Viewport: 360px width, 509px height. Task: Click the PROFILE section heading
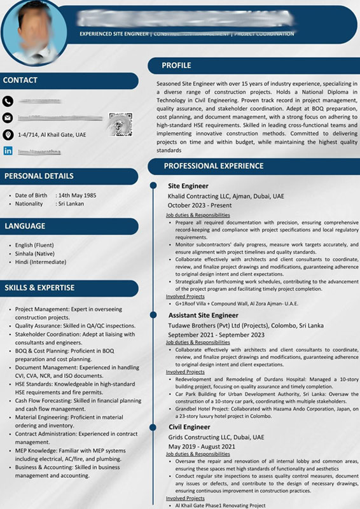tap(176, 66)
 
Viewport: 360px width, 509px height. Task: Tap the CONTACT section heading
tap(20, 80)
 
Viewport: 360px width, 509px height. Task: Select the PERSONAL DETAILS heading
tap(39, 176)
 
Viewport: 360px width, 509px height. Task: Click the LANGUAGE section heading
tap(25, 226)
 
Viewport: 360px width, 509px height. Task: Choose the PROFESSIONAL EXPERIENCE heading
tap(214, 166)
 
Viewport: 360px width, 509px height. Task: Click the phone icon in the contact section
tap(8, 101)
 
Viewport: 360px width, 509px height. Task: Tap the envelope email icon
tap(8, 118)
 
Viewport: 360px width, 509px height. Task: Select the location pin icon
tap(8, 135)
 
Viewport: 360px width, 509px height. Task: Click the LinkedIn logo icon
tap(8, 151)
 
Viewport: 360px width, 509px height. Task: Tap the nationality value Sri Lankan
tap(71, 204)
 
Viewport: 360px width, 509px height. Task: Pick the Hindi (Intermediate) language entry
tap(41, 261)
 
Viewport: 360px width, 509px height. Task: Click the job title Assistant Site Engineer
tap(203, 315)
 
